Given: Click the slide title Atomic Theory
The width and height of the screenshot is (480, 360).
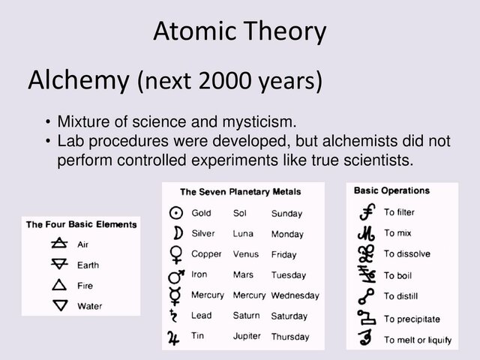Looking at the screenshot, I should [x=240, y=32].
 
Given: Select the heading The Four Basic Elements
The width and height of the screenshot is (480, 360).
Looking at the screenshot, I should [x=81, y=224].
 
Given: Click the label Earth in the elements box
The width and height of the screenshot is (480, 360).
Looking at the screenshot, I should [x=88, y=265].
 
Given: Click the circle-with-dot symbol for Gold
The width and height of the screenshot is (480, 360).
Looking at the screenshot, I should [x=176, y=213].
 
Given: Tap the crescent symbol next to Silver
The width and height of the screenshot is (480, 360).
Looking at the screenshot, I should [x=176, y=233].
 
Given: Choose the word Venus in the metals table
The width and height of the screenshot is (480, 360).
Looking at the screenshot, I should [x=246, y=254].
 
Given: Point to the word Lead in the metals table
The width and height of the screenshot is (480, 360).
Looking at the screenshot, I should [x=202, y=316].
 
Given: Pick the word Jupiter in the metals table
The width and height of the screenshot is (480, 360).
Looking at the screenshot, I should [x=247, y=336].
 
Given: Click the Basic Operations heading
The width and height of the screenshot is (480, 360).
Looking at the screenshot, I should [x=391, y=190].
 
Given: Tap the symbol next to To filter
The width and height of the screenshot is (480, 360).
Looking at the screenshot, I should [x=367, y=213].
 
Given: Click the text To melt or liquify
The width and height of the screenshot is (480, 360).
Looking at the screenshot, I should [x=418, y=340].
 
